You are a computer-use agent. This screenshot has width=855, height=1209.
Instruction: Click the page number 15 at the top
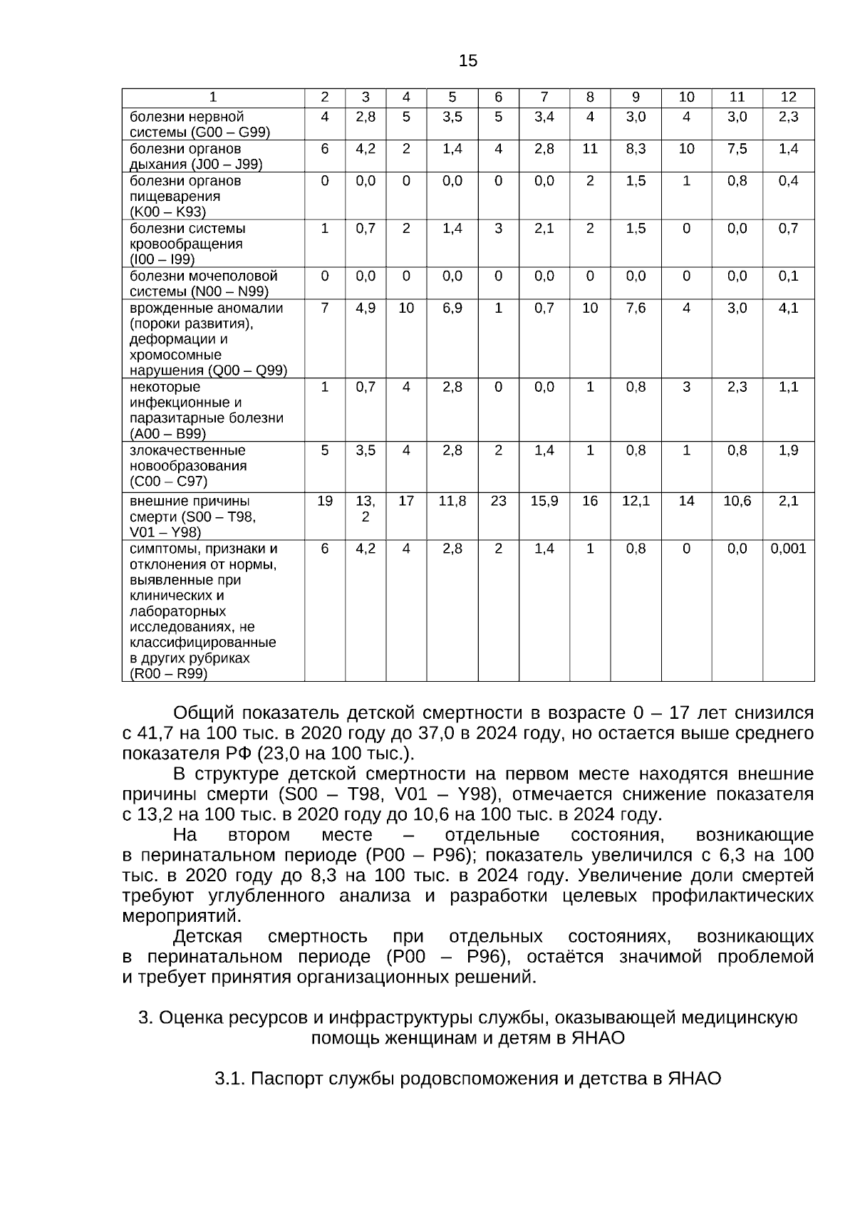tap(468, 61)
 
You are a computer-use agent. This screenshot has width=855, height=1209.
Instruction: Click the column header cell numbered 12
tap(788, 98)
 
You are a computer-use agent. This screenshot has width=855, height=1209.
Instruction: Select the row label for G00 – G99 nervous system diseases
tap(199, 124)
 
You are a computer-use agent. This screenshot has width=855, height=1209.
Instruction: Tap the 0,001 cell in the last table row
tap(788, 549)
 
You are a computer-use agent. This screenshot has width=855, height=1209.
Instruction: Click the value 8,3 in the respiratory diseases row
tap(636, 149)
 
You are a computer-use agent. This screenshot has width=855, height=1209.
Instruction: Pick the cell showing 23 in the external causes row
tap(498, 501)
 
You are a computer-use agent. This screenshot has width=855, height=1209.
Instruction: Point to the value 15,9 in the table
tap(544, 501)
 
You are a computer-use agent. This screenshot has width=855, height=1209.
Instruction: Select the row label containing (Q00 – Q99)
tap(208, 339)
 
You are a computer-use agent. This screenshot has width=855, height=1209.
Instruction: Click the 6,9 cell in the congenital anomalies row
tap(452, 308)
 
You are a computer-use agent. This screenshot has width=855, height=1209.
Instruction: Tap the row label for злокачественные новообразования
tap(188, 466)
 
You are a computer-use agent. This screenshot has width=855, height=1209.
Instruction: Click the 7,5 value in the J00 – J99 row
tap(737, 149)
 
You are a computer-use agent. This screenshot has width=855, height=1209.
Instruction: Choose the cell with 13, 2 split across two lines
tap(366, 509)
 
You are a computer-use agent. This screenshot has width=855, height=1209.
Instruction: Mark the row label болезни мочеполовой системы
tap(203, 283)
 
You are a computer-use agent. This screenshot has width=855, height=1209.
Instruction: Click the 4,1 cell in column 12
tap(788, 308)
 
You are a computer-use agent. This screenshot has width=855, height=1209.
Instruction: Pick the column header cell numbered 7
tap(544, 98)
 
